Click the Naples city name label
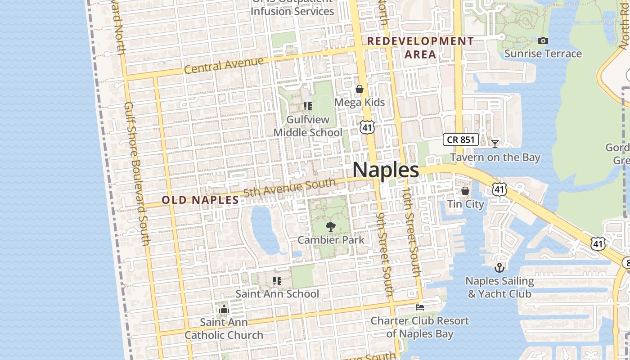[x=386, y=170]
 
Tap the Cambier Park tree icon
[x=331, y=226]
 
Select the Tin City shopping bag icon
[x=465, y=191]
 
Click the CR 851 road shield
[x=461, y=139]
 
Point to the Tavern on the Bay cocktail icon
[x=495, y=144]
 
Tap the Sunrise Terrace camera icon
[x=543, y=40]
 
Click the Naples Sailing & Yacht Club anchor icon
[x=499, y=268]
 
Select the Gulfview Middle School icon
[x=308, y=106]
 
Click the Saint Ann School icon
[x=277, y=281]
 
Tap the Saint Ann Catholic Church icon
[x=224, y=309]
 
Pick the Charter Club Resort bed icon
[x=420, y=307]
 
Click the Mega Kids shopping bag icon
[x=360, y=89]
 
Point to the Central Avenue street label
[x=224, y=66]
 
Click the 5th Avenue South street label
[x=289, y=188]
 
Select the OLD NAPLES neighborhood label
[x=200, y=200]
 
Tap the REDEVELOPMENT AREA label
[x=420, y=48]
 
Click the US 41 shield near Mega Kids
[x=367, y=126]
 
